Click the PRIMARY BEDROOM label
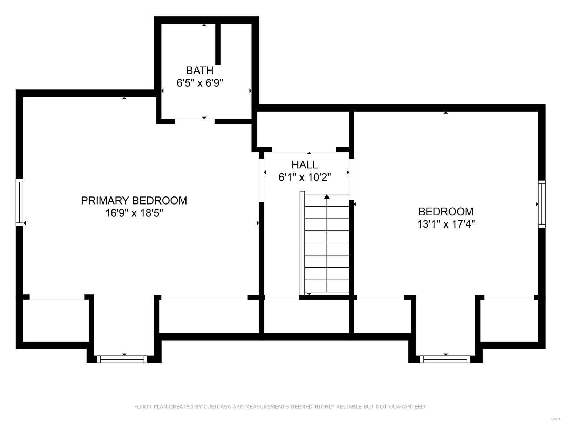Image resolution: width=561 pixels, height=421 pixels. click(x=134, y=201)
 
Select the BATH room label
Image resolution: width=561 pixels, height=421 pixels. click(x=200, y=71)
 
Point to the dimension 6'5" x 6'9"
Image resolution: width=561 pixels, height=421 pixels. click(x=200, y=83)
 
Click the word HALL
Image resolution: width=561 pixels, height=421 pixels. click(x=305, y=165)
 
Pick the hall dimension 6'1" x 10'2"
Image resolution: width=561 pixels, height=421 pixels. click(x=305, y=177)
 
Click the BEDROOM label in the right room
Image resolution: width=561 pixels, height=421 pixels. click(x=446, y=212)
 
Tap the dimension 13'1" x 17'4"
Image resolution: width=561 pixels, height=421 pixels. click(x=446, y=224)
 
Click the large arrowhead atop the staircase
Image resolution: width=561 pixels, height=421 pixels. click(x=327, y=197)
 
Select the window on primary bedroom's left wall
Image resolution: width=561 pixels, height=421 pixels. click(x=20, y=202)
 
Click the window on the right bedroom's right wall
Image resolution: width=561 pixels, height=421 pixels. click(x=542, y=204)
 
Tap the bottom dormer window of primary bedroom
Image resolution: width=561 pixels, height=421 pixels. click(x=122, y=359)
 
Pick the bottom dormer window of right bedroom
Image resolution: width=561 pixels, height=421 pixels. click(x=445, y=359)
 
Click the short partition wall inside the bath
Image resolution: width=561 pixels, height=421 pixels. click(x=218, y=44)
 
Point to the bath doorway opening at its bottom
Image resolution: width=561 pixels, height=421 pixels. click(x=195, y=121)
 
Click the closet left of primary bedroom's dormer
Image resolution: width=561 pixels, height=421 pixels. click(x=55, y=320)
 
